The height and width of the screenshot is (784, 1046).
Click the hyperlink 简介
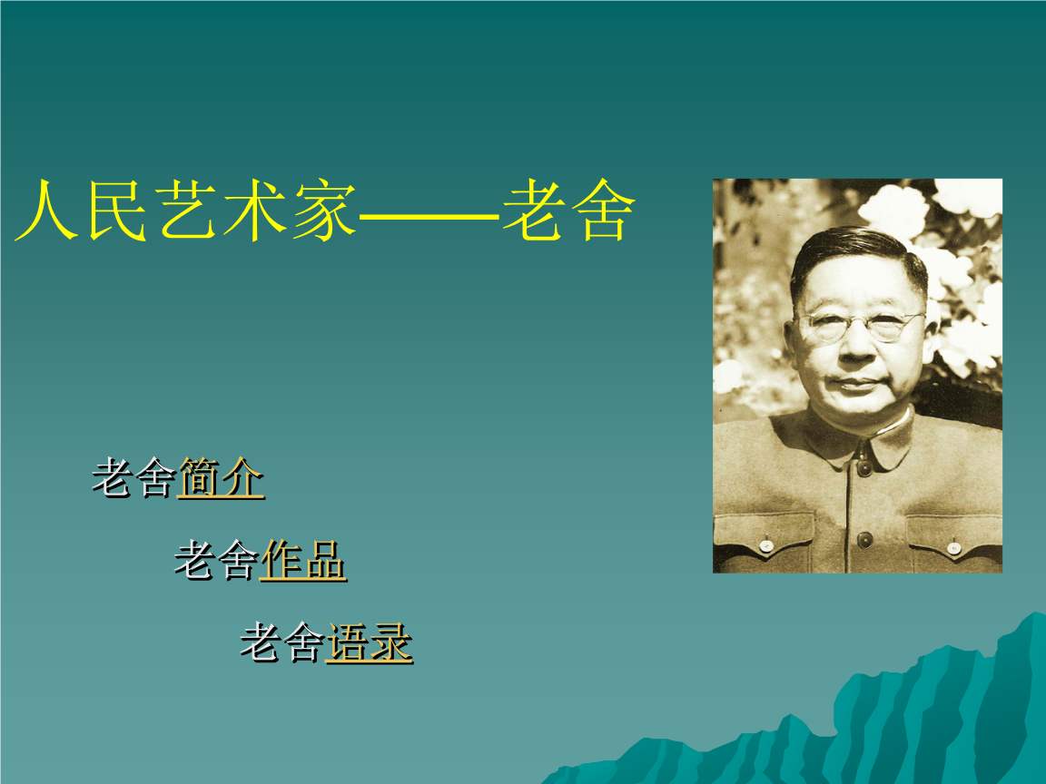click(221, 478)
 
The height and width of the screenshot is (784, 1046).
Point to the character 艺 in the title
click(187, 213)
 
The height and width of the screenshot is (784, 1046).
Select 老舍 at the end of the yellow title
click(565, 213)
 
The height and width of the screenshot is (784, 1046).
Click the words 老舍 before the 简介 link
click(133, 478)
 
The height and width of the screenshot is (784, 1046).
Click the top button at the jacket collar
click(863, 467)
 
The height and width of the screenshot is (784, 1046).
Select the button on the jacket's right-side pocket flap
click(953, 547)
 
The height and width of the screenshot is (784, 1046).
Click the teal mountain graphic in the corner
click(908, 717)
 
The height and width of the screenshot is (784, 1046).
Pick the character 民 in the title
click(115, 213)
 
